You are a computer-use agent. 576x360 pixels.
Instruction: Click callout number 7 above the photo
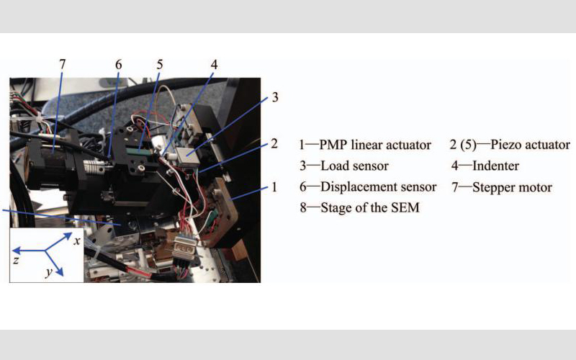(x=62, y=64)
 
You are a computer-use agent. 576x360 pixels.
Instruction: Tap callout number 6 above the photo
(x=118, y=65)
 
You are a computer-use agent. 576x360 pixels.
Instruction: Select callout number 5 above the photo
(x=159, y=65)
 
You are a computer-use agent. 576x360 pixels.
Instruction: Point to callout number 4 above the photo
(x=214, y=65)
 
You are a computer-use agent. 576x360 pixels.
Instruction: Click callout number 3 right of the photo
(x=275, y=97)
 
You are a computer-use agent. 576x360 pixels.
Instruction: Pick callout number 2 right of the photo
(x=274, y=143)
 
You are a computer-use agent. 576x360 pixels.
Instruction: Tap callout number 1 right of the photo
(x=274, y=187)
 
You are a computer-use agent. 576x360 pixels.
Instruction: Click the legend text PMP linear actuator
(x=374, y=145)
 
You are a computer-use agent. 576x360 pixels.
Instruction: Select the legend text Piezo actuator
(x=530, y=145)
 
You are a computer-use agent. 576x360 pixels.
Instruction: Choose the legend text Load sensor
(x=354, y=166)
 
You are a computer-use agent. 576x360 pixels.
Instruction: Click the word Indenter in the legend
(x=495, y=166)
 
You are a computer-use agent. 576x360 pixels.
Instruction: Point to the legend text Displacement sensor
(x=379, y=187)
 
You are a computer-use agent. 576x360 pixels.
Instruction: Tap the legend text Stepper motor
(x=512, y=187)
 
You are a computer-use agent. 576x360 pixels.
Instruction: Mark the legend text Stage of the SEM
(x=370, y=207)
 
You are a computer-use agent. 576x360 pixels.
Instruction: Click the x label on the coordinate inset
(x=77, y=241)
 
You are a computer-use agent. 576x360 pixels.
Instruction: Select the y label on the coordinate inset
(x=49, y=273)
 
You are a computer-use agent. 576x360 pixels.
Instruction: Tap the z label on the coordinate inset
(x=16, y=261)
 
